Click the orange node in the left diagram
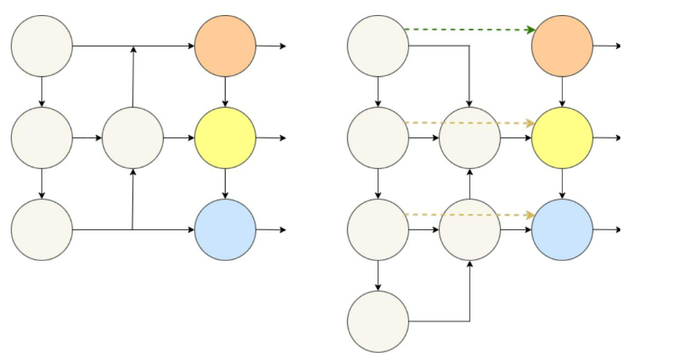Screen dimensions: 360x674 (226, 46)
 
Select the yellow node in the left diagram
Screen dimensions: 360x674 (226, 137)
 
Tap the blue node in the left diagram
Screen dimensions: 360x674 (226, 229)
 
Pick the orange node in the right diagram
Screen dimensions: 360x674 (562, 46)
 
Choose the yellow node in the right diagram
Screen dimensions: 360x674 (562, 137)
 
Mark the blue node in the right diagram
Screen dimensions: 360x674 (562, 229)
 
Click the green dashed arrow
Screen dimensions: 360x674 (467, 29)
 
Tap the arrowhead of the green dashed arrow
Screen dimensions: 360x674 (531, 30)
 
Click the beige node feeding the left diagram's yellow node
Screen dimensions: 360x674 (133, 137)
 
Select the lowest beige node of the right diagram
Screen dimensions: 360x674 (378, 321)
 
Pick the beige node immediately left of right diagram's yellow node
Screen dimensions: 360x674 (470, 137)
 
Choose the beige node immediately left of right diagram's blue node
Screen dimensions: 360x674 (470, 229)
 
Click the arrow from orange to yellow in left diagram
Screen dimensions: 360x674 (226, 92)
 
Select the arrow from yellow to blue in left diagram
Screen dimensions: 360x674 (226, 184)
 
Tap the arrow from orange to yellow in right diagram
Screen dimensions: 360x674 (562, 92)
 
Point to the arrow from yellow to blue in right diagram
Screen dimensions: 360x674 (562, 184)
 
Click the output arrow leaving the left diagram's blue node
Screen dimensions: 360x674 (271, 230)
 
